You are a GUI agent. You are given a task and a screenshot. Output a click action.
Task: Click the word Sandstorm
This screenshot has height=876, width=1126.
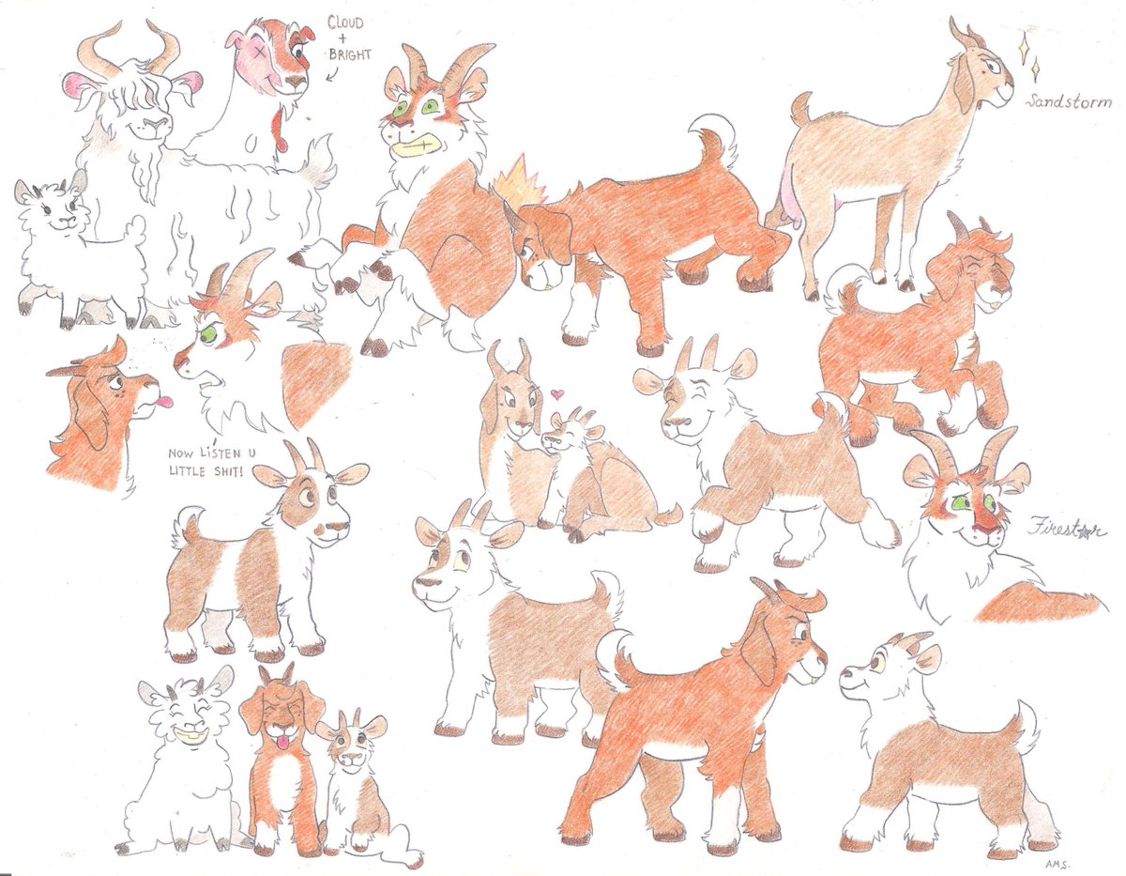pos(1069,101)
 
